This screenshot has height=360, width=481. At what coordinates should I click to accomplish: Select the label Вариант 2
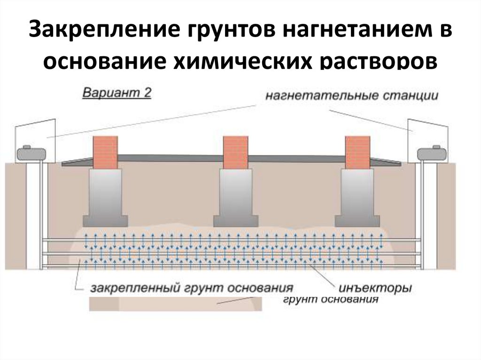pos(117,92)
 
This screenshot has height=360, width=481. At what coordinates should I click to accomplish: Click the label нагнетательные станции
pos(352,96)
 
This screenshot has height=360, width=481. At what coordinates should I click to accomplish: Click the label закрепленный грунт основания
pos(192,287)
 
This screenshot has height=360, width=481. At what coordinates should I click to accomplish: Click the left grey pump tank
pos(31,153)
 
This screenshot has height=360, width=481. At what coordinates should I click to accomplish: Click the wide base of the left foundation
pos(105,220)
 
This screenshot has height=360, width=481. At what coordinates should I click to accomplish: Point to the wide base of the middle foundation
pos(236,220)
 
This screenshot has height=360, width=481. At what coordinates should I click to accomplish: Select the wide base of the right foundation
pos(357,220)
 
